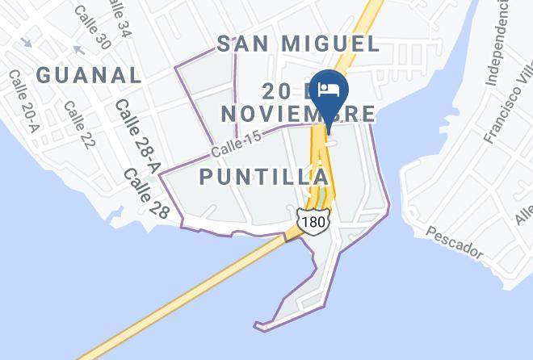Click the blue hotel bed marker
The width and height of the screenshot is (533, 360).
328,92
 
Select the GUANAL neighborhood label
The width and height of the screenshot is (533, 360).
90,75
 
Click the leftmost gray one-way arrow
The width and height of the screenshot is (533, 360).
24,41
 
